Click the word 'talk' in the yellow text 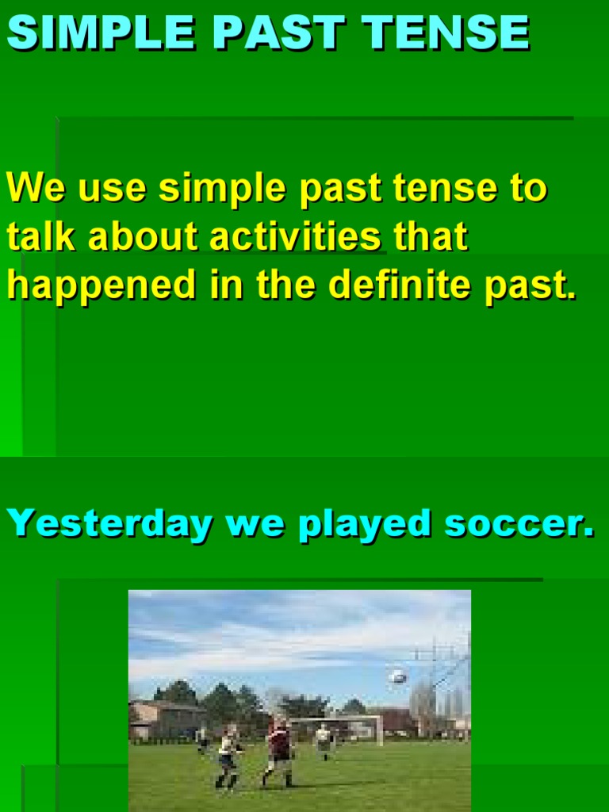(41, 237)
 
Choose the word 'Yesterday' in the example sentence (109, 524)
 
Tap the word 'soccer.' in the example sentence (519, 524)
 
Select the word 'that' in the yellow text (431, 237)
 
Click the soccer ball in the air (399, 676)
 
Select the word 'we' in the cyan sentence (254, 524)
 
